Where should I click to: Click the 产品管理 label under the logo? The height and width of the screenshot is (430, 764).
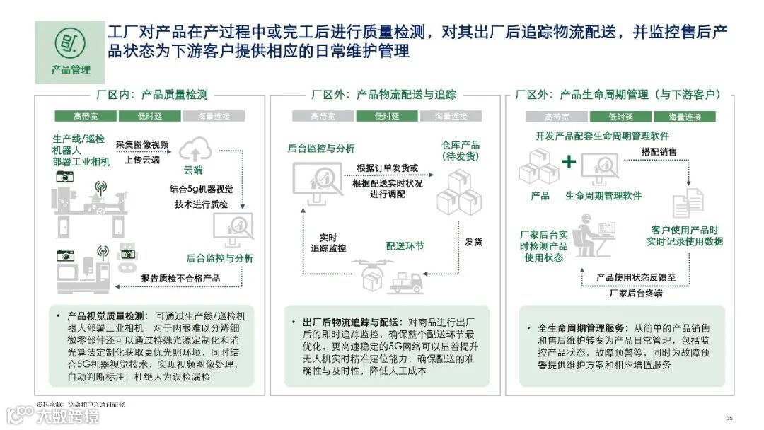(71, 69)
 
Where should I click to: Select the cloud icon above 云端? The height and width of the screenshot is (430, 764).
(192, 150)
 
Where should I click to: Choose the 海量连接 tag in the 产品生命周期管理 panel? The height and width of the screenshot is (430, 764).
(683, 116)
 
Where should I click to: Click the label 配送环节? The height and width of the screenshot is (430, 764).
(405, 245)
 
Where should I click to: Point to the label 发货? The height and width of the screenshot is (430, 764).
(473, 242)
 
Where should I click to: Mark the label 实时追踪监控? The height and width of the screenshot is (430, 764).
(328, 243)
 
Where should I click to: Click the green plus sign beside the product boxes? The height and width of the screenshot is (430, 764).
(569, 162)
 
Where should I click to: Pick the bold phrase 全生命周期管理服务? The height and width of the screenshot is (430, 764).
(579, 328)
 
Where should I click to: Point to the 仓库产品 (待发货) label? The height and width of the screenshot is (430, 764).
(461, 150)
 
